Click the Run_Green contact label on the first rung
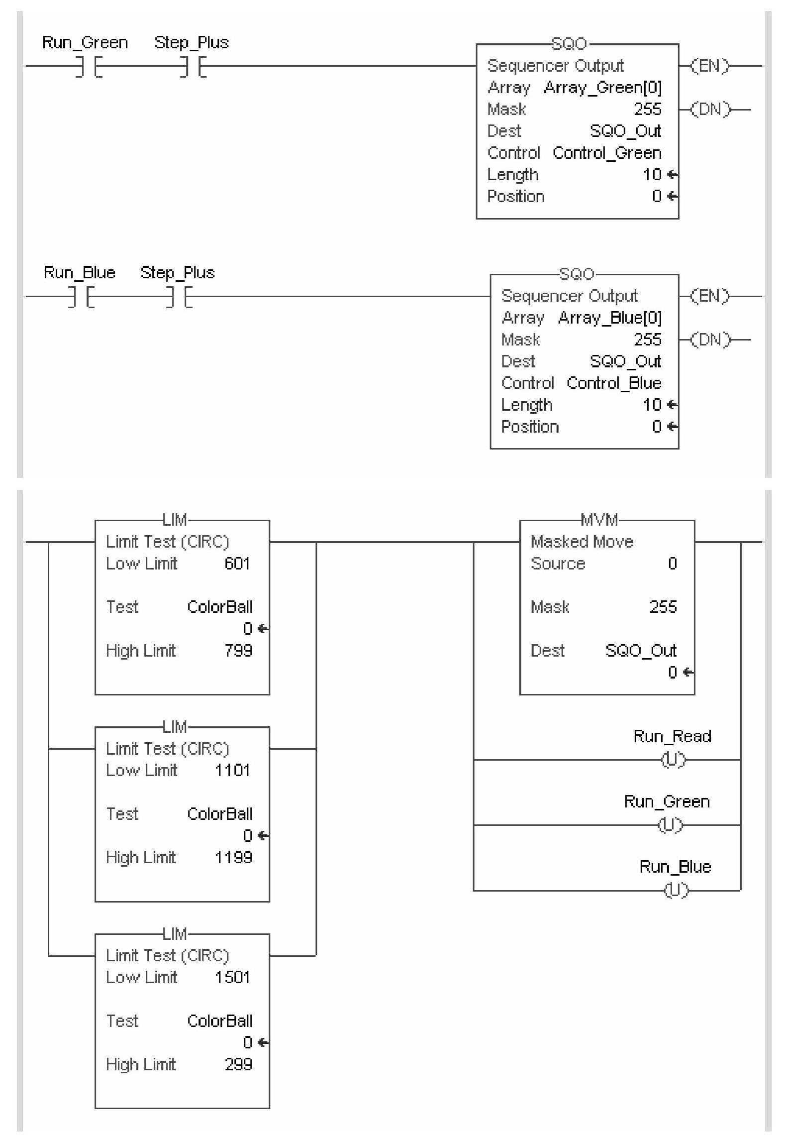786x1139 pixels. [85, 43]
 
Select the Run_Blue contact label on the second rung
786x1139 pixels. [80, 273]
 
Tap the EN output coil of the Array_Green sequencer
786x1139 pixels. [710, 66]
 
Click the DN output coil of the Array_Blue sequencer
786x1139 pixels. [714, 340]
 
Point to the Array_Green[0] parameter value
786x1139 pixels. [602, 88]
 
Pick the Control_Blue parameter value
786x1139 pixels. [614, 383]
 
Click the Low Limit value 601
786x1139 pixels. [237, 564]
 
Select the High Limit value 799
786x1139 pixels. [238, 651]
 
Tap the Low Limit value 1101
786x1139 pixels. [232, 770]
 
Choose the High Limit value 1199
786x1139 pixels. [233, 857]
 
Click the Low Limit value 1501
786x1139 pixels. [232, 977]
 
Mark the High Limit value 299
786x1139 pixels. [238, 1064]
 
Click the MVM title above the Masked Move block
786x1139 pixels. [599, 520]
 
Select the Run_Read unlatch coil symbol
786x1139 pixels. [673, 760]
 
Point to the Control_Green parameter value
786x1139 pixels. [607, 153]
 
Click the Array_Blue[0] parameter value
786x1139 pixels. [609, 318]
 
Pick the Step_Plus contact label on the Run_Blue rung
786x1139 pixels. [178, 273]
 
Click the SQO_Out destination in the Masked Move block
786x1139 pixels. [641, 651]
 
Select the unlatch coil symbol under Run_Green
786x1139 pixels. [671, 825]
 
